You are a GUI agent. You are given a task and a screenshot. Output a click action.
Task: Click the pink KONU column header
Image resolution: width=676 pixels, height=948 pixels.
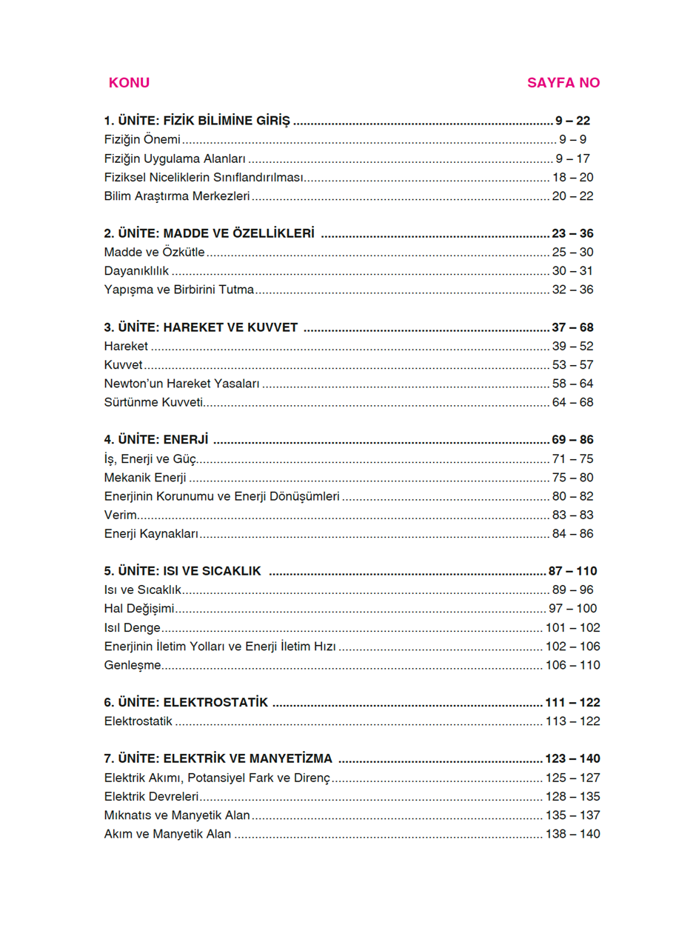pos(129,83)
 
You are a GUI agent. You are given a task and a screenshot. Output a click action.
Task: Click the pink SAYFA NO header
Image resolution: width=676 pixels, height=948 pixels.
pos(563,83)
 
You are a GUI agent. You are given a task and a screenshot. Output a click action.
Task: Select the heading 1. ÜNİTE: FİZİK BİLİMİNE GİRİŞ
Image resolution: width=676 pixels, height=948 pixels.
pos(197,121)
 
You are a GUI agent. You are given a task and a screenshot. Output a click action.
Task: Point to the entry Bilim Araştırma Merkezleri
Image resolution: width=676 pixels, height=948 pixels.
pos(177,196)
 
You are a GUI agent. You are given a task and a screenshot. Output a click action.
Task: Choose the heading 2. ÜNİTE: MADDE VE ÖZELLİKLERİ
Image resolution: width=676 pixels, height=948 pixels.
pos(210,233)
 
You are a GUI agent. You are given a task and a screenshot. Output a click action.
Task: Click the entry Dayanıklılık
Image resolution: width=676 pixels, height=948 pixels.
pos(137,271)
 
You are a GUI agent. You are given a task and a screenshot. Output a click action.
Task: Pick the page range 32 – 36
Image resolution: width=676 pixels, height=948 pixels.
pos(572,290)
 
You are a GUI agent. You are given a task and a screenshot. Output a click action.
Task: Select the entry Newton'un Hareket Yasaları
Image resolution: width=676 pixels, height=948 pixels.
pos(182,384)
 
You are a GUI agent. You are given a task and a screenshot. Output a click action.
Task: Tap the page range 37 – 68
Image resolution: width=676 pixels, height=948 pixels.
pos(572,327)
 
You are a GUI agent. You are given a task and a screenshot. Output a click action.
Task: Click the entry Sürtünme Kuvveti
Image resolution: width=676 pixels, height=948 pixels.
pos(153,402)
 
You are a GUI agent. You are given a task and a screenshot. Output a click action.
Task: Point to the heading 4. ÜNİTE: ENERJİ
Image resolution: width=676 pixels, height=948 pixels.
pos(156,440)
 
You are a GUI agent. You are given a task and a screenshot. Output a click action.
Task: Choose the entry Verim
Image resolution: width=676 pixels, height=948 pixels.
pos(120,515)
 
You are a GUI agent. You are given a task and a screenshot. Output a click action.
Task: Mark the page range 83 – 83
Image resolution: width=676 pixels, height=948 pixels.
pos(572,515)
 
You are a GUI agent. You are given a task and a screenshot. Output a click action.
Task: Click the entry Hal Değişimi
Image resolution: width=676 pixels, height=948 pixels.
pos(139,609)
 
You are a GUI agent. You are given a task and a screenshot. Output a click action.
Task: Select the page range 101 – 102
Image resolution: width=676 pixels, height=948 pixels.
pos(572,627)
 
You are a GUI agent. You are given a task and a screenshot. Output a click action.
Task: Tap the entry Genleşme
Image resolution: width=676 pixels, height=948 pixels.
pos(133,665)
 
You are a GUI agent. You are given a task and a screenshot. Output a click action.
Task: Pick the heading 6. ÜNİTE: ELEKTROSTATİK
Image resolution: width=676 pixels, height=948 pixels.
pos(186,702)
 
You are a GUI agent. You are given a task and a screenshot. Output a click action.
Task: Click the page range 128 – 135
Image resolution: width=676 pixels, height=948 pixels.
pos(572,796)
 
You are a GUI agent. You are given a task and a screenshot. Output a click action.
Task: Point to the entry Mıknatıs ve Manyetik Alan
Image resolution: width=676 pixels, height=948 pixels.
pos(177,815)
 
